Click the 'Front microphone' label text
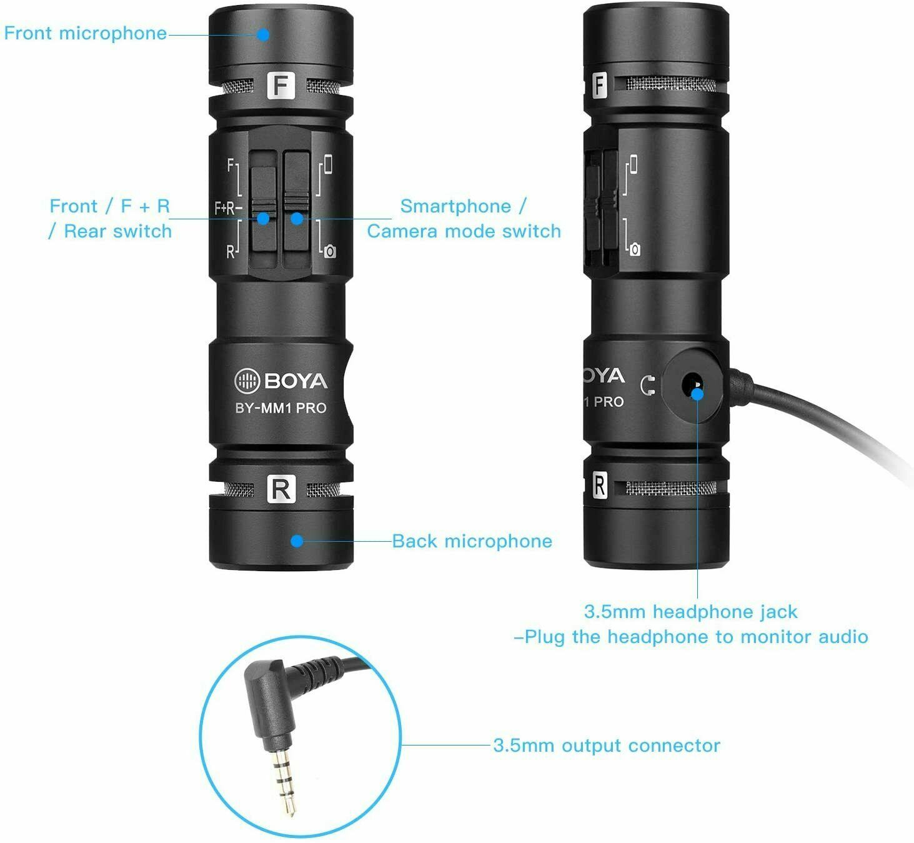pyautogui.click(x=86, y=33)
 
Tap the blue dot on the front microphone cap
pyautogui.click(x=264, y=34)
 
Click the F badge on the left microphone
pyautogui.click(x=281, y=86)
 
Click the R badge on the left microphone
pyautogui.click(x=281, y=489)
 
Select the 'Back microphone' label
pyautogui.click(x=472, y=541)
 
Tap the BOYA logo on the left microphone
pyautogui.click(x=281, y=381)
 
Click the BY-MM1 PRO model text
pyautogui.click(x=281, y=408)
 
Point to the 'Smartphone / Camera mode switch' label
pyautogui.click(x=464, y=219)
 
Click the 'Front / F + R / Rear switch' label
pyautogui.click(x=110, y=219)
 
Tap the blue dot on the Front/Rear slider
pyautogui.click(x=264, y=219)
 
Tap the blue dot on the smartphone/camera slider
pyautogui.click(x=297, y=219)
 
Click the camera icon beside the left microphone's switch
pyautogui.click(x=330, y=251)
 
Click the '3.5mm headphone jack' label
pyautogui.click(x=690, y=611)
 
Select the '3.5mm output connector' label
pyautogui.click(x=606, y=746)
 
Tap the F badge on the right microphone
pyautogui.click(x=600, y=85)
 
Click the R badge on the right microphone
pyautogui.click(x=599, y=486)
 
